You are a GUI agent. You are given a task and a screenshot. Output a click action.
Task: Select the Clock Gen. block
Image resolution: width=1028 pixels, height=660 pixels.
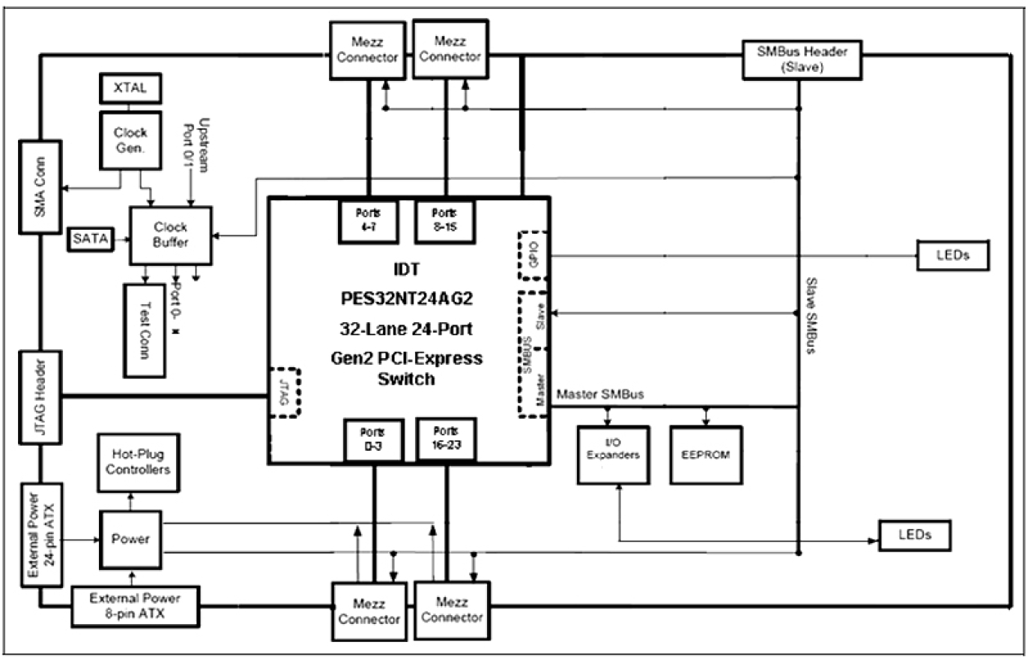click(129, 141)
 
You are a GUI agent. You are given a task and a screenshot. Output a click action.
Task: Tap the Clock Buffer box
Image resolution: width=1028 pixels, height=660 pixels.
click(170, 236)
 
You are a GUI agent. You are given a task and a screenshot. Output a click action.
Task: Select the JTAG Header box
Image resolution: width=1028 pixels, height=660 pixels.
click(39, 396)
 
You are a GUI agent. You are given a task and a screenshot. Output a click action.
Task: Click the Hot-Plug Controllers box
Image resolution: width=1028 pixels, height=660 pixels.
click(138, 464)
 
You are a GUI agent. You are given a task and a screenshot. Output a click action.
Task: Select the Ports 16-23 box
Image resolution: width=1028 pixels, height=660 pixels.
click(446, 439)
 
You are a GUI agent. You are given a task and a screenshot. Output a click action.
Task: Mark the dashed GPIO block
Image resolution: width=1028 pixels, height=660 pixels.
click(534, 255)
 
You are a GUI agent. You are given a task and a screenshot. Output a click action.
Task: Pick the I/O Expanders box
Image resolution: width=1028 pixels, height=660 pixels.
click(613, 455)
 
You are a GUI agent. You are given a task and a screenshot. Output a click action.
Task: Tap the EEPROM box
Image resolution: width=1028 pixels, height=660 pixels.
click(706, 454)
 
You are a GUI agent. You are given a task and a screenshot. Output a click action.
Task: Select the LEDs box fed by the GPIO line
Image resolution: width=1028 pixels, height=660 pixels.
click(953, 255)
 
